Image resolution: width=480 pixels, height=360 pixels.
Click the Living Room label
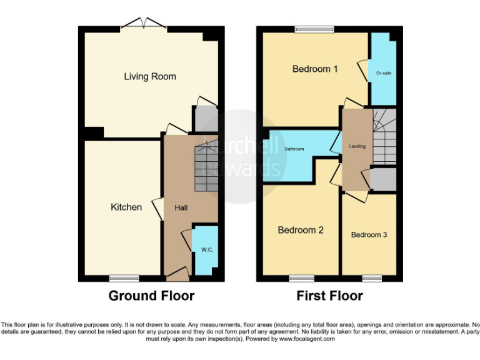click(150, 77)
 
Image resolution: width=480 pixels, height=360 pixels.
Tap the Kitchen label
click(126, 207)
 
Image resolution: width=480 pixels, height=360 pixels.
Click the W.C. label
click(207, 250)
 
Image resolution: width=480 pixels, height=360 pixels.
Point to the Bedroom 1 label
click(315, 69)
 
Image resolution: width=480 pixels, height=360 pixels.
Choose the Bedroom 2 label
click(301, 230)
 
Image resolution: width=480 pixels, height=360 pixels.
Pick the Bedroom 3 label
click(369, 235)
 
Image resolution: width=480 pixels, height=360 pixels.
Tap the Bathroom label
click(294, 149)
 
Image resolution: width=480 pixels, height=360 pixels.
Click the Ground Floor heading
click(151, 296)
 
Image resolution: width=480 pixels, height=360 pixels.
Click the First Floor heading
click(329, 296)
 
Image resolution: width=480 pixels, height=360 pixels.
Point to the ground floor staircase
click(206, 167)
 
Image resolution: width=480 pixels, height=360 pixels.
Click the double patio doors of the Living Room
click(144, 24)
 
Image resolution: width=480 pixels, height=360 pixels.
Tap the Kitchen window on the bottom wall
click(123, 277)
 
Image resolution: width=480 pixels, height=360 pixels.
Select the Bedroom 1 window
click(315, 29)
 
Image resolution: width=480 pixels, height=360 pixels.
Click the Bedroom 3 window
click(372, 277)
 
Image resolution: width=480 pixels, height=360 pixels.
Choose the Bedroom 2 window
click(301, 277)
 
